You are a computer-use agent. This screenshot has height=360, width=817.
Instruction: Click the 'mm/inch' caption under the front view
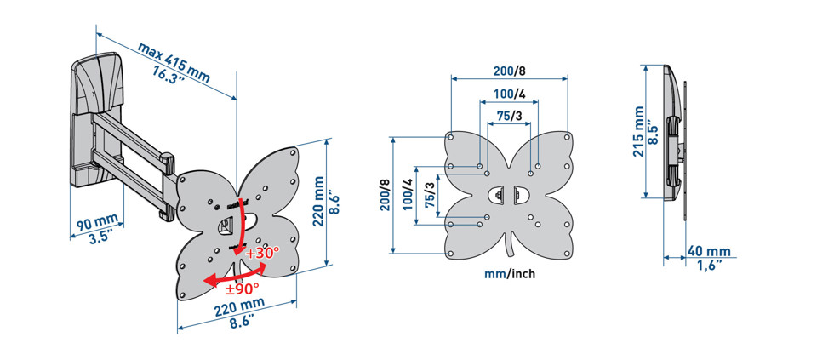[x=509, y=274]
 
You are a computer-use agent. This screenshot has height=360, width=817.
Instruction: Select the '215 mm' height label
[x=638, y=131]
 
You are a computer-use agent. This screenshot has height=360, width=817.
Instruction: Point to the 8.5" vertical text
[x=654, y=131]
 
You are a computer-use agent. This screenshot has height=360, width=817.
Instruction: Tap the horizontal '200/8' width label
[x=509, y=71]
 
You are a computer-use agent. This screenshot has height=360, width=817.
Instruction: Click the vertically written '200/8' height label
[x=385, y=195]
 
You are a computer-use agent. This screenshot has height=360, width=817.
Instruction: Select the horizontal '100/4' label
[x=509, y=94]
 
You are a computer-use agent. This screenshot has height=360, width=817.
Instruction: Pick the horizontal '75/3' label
[x=509, y=116]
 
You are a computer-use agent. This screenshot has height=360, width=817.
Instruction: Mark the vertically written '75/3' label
[x=429, y=195]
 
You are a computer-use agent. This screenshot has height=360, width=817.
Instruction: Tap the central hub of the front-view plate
[x=508, y=195]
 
